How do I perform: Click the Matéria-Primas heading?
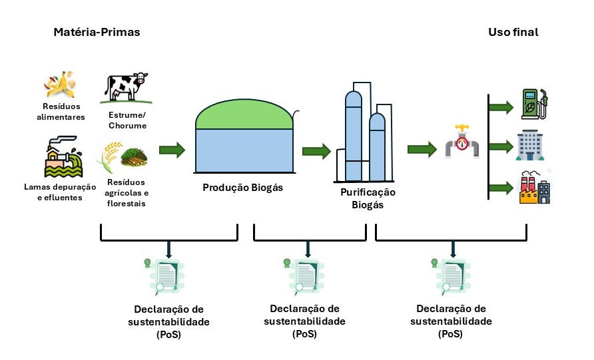(97, 32)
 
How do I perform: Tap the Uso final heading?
(513, 32)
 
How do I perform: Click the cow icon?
(126, 88)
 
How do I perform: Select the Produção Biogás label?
(242, 188)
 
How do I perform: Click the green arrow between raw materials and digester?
(172, 150)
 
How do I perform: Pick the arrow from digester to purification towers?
(316, 151)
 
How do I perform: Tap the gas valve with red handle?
(460, 141)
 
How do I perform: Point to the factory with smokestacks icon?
(533, 187)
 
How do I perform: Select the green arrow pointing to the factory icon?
(502, 187)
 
